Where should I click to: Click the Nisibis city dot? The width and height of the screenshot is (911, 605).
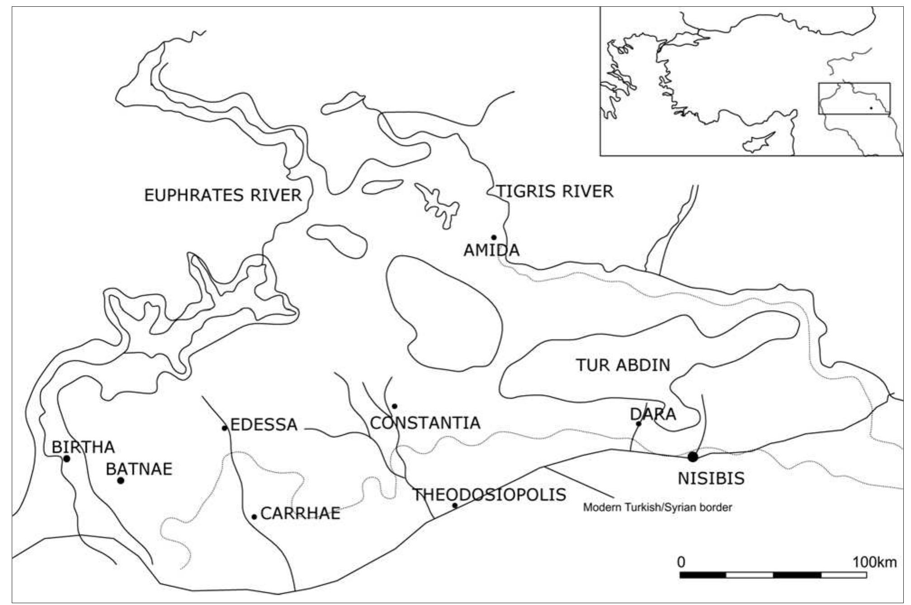pos(693,457)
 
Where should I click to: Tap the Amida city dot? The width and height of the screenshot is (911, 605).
pos(494,237)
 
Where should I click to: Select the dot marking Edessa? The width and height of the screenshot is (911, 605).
pos(225,428)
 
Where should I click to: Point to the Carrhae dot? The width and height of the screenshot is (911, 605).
pos(254,517)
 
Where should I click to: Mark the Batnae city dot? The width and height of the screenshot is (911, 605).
pos(121,480)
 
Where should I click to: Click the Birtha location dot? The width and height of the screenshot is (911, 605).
pos(67,459)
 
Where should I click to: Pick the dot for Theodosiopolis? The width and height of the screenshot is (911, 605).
pos(455,505)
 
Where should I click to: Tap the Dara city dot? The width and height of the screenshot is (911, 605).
pos(639,423)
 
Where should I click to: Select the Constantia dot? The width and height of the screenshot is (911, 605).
pos(395,406)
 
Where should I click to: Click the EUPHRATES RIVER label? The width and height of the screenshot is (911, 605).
pos(223,195)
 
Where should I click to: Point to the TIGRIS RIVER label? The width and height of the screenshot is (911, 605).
pos(555,191)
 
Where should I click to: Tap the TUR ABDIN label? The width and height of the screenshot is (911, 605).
pos(623,365)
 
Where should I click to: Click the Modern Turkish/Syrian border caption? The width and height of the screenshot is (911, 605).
pos(657,507)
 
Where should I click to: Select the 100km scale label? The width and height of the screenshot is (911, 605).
pos(874,563)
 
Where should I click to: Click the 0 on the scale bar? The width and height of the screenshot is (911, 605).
pos(681,563)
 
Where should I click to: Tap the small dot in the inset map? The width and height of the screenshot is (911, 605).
pos(871,108)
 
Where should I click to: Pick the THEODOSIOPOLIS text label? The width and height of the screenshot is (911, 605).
pos(490,495)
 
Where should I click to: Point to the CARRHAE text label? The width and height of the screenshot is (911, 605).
pos(300,514)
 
